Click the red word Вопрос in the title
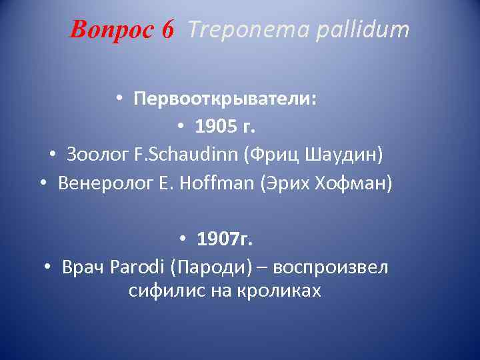pos(109,29)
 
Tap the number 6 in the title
pos(167,29)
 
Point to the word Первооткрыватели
pos(225,99)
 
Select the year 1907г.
pos(225,238)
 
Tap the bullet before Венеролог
pos(43,182)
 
